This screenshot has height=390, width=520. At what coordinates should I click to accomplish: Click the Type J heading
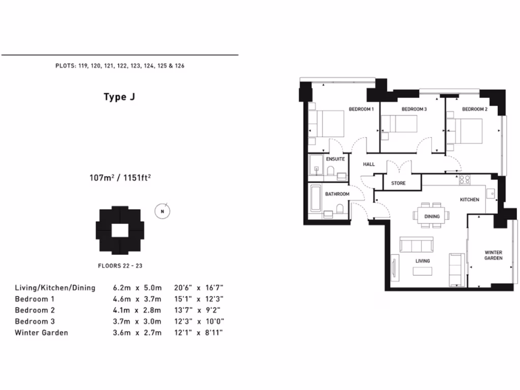(x=119, y=97)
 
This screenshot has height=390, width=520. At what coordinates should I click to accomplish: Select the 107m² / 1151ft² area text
(x=121, y=178)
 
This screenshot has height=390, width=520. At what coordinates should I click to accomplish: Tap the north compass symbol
(x=162, y=211)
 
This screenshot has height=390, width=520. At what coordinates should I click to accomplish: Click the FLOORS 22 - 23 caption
(x=120, y=266)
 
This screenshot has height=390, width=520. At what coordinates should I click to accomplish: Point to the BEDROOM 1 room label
(x=361, y=109)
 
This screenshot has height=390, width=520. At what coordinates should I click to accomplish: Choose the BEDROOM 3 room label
(x=414, y=109)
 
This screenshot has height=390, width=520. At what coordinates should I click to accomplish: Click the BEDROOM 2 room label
(x=474, y=109)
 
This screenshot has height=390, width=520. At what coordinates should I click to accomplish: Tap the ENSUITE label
(x=335, y=159)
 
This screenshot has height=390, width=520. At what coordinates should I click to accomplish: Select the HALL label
(x=368, y=165)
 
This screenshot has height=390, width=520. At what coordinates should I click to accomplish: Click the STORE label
(x=398, y=183)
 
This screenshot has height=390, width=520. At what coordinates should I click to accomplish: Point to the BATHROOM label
(x=337, y=194)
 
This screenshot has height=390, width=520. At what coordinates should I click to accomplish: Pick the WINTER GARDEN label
(x=493, y=255)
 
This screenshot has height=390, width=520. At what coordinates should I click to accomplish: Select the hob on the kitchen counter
(x=465, y=179)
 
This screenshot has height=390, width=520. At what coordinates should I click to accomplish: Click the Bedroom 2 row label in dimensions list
(x=35, y=310)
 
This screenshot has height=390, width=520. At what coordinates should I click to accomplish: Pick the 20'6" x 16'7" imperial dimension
(x=198, y=288)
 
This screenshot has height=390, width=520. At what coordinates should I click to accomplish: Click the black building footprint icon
(x=120, y=230)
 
